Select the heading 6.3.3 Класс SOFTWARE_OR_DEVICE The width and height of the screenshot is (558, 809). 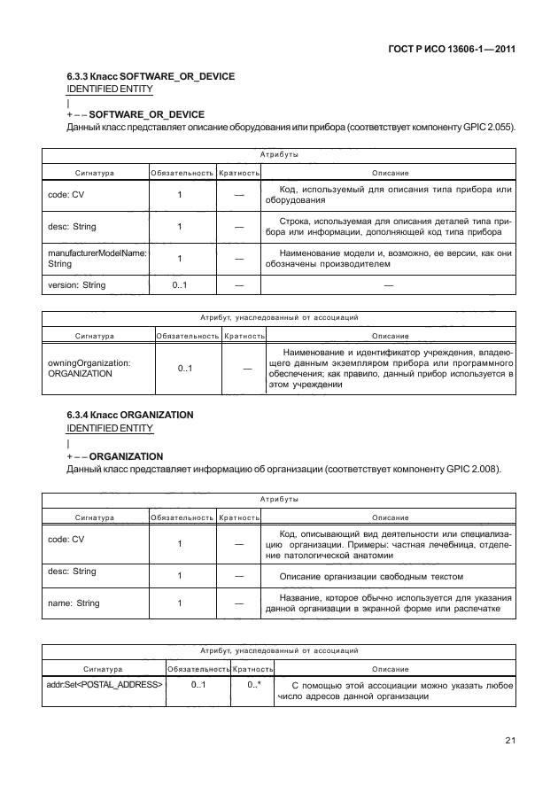click(x=151, y=77)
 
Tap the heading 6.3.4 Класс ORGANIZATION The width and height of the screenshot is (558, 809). click(x=130, y=415)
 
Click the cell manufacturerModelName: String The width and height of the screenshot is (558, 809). click(x=96, y=258)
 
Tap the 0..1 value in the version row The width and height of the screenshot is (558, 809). click(x=181, y=285)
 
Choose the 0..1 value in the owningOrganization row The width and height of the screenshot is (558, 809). click(x=185, y=369)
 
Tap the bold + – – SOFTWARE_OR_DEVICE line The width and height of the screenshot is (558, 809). click(x=136, y=115)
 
